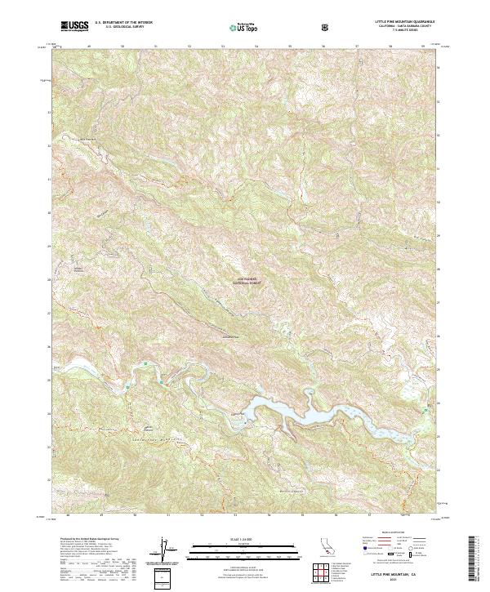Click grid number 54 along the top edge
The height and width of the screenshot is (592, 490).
coord(256,47)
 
